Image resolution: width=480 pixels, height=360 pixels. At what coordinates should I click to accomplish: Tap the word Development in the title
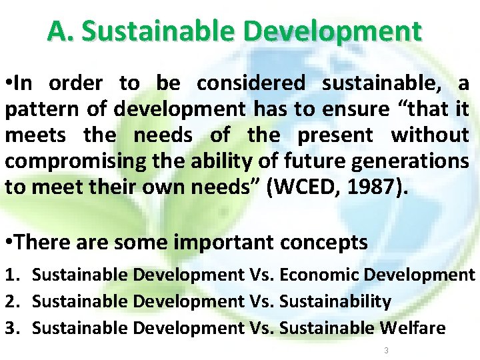pyautogui.click(x=333, y=31)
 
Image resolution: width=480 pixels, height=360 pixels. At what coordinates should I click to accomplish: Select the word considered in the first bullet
pyautogui.click(x=250, y=83)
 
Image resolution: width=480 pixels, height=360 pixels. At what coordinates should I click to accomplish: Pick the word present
pyautogui.click(x=335, y=135)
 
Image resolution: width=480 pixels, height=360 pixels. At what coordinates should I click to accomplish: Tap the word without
pyautogui.click(x=429, y=135)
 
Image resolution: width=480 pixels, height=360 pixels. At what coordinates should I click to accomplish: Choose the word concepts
pyautogui.click(x=325, y=242)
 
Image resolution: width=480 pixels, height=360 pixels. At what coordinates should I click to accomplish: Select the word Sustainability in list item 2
pyautogui.click(x=335, y=301)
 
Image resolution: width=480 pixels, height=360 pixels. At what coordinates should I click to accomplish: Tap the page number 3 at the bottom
pyautogui.click(x=385, y=350)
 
